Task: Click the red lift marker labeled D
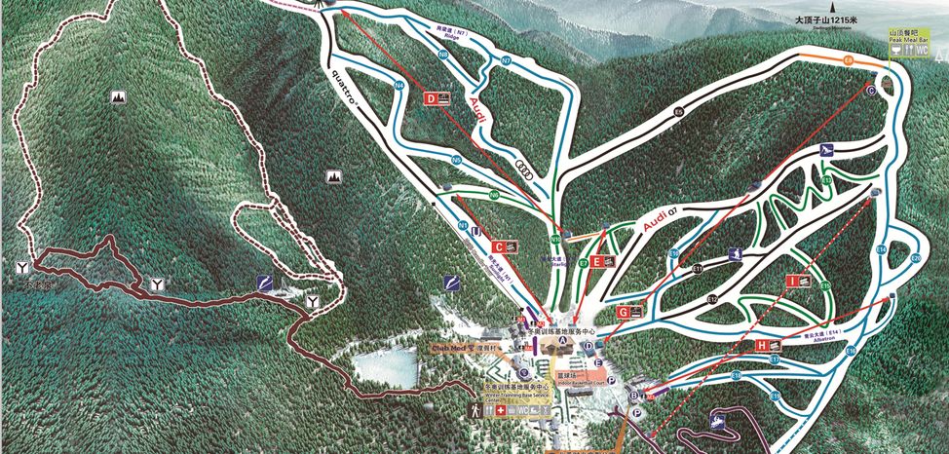pyautogui.click(x=430, y=98)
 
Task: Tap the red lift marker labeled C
pyautogui.click(x=498, y=247)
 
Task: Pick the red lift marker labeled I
pyautogui.click(x=793, y=281)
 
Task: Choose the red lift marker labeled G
pyautogui.click(x=623, y=312)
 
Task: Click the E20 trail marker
pyautogui.click(x=915, y=258)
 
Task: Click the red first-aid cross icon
pyautogui.click(x=503, y=410)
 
